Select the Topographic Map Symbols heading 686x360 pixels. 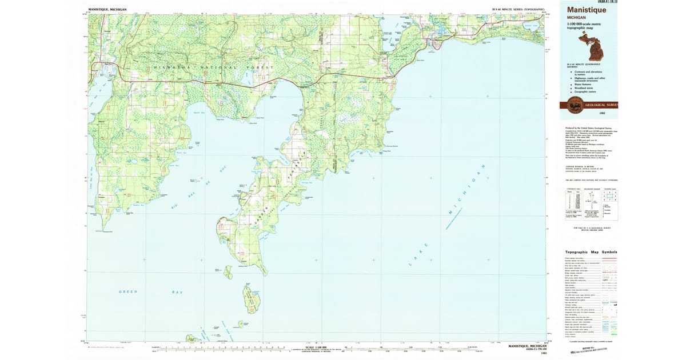tap(591, 252)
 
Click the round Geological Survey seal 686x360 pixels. tap(574, 105)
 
